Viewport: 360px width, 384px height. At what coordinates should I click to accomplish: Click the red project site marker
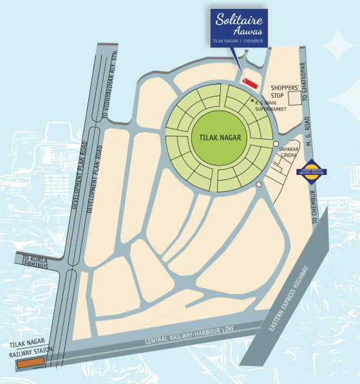(x=249, y=82)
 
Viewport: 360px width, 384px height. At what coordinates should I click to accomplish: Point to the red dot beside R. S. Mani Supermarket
(x=252, y=101)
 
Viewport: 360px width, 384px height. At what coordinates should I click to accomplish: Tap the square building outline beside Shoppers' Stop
(x=297, y=98)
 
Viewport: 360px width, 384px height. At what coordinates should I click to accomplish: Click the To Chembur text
(x=314, y=206)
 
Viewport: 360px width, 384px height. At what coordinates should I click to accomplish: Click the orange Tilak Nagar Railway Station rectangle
(x=30, y=363)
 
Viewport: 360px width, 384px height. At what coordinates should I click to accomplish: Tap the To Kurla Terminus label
(x=31, y=261)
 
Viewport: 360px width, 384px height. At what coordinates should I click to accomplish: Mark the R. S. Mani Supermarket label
(x=270, y=105)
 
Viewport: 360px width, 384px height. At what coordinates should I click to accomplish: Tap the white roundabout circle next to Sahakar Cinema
(x=276, y=144)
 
